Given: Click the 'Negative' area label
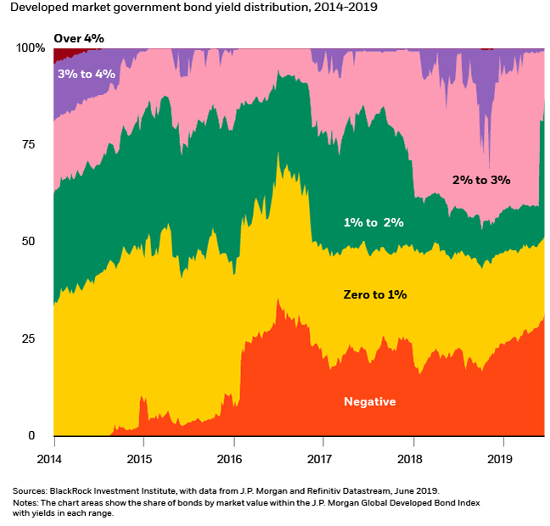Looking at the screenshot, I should click(x=369, y=401).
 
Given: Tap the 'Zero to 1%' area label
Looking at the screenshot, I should click(x=375, y=294).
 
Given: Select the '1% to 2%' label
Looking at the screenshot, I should click(x=373, y=222).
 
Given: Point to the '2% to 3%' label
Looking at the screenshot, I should click(x=480, y=180).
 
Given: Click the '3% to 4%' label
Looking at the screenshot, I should click(x=87, y=74).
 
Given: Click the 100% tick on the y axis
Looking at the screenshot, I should click(x=31, y=48).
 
